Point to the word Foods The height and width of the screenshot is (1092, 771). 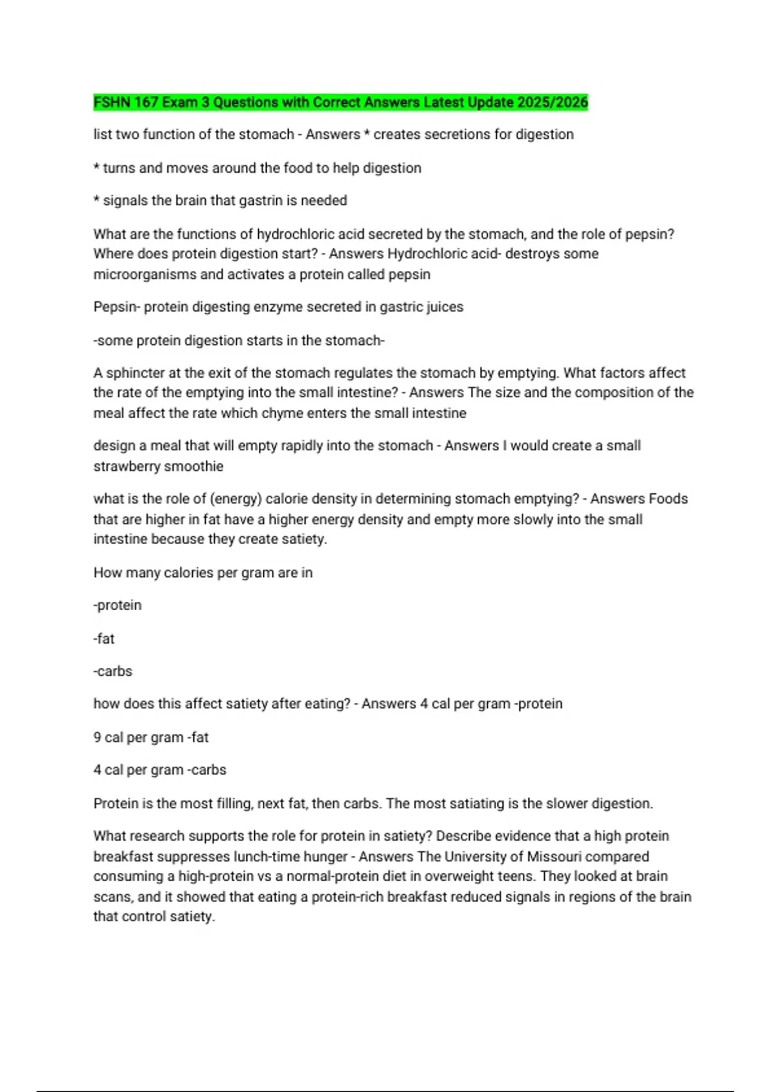pos(668,499)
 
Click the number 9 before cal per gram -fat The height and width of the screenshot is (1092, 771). pos(97,737)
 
